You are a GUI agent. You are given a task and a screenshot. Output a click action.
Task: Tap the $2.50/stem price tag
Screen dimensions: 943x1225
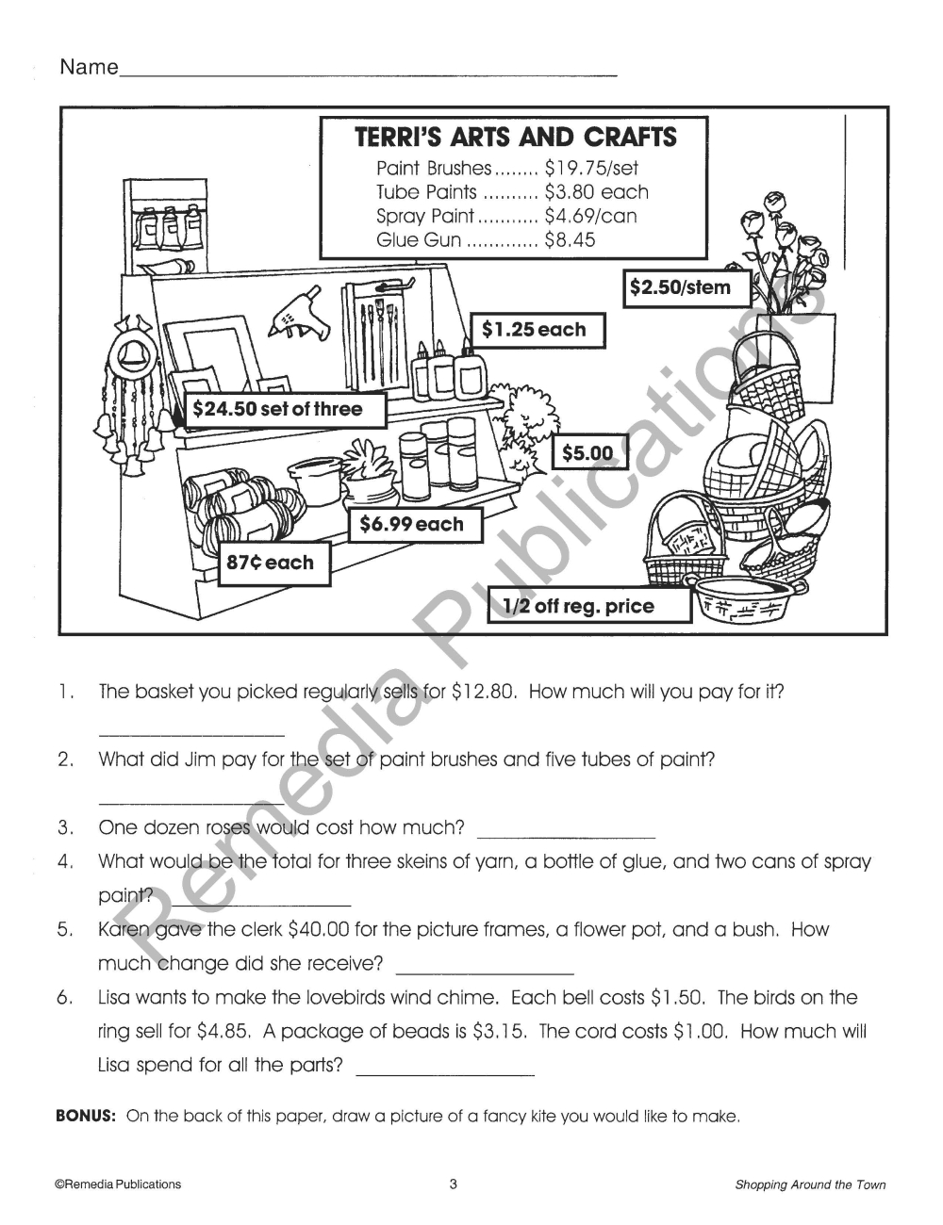pos(687,288)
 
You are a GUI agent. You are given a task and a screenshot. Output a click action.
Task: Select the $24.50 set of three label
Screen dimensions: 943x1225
pos(285,410)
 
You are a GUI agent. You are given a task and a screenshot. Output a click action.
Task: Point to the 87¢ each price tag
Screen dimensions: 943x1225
pos(274,563)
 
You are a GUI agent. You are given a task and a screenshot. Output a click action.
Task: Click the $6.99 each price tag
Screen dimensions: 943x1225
pos(416,525)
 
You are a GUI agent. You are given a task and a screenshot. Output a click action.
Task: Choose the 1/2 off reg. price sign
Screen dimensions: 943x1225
pos(589,606)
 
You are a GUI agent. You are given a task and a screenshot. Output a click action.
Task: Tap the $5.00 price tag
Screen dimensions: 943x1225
pos(588,452)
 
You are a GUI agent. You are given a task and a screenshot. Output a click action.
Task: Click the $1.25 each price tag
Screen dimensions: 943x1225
pos(538,330)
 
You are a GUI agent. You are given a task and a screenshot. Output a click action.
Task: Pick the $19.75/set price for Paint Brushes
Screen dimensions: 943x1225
pos(591,168)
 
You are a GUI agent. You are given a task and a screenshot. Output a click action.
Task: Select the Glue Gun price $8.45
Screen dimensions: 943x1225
pos(570,240)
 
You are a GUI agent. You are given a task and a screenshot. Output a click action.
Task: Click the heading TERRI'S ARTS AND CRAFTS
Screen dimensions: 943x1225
pos(515,137)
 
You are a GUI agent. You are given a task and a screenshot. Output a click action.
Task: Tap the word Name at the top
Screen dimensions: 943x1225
pos(89,67)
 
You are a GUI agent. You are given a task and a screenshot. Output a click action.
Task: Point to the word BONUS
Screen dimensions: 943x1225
pos(86,1116)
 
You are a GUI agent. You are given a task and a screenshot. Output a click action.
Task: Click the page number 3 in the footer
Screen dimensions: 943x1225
pos(453,1184)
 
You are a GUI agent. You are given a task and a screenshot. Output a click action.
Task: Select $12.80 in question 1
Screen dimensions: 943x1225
pos(485,692)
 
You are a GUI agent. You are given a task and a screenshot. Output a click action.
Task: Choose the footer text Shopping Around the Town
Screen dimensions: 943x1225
pos(810,1184)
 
